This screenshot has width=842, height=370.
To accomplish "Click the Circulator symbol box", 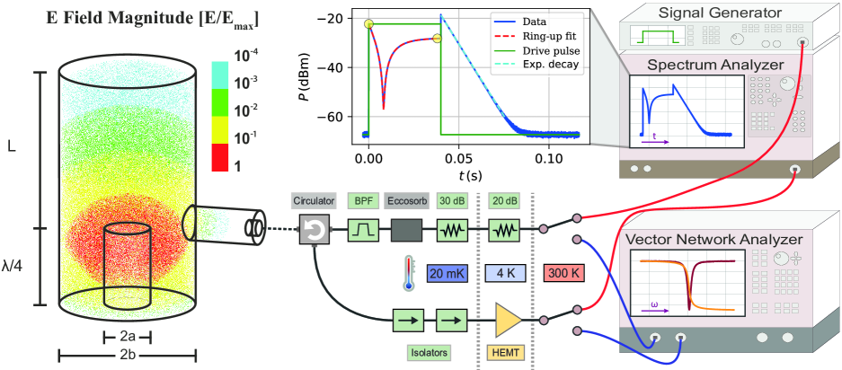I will pos(314,232).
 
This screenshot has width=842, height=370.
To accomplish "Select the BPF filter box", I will pos(363,232).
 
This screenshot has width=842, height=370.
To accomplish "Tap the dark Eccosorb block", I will pos(408,232).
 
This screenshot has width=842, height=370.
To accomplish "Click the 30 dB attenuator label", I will pos(453,201).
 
